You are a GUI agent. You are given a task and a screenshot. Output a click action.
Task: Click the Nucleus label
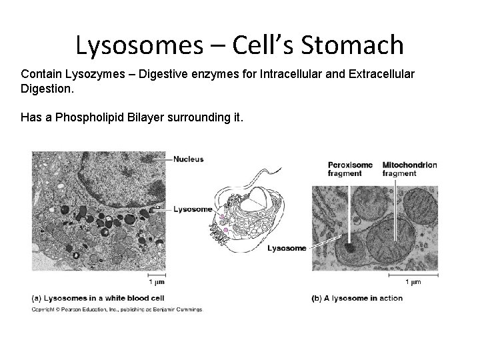click(189, 159)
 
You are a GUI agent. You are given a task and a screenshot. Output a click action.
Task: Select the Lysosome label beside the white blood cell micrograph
click(193, 209)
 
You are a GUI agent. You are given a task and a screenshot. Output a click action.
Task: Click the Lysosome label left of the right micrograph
click(287, 248)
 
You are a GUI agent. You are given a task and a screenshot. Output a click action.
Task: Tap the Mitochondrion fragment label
click(409, 169)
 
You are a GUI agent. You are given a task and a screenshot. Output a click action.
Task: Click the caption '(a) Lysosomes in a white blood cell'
click(98, 298)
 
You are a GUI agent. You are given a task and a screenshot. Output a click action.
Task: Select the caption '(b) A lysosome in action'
click(357, 298)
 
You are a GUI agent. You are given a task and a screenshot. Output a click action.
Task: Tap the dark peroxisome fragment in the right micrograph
click(347, 251)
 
